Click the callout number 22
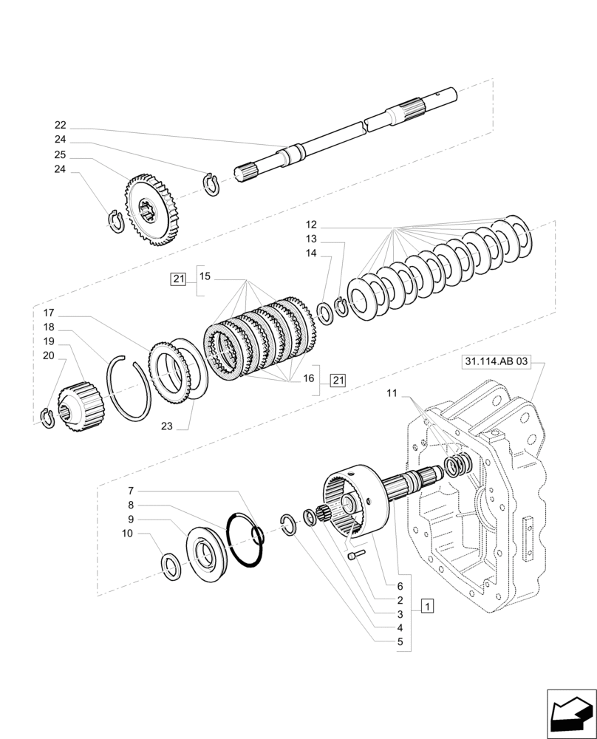(x=60, y=126)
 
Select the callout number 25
(x=60, y=155)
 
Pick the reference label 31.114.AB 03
(x=497, y=362)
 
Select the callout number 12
(x=311, y=224)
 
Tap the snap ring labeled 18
(x=130, y=386)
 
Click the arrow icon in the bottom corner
(x=571, y=712)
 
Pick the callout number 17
(x=48, y=313)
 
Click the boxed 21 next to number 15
(x=177, y=279)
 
